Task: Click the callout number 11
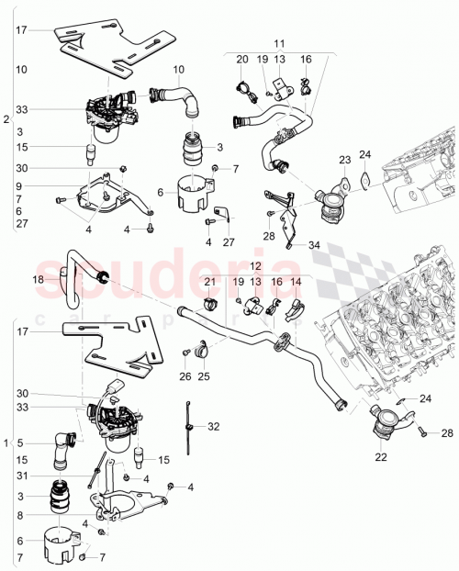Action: pyautogui.click(x=279, y=43)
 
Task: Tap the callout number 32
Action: pyautogui.click(x=214, y=427)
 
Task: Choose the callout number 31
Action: pyautogui.click(x=20, y=475)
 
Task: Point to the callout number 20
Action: pyautogui.click(x=242, y=60)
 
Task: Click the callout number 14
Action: pyautogui.click(x=296, y=281)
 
